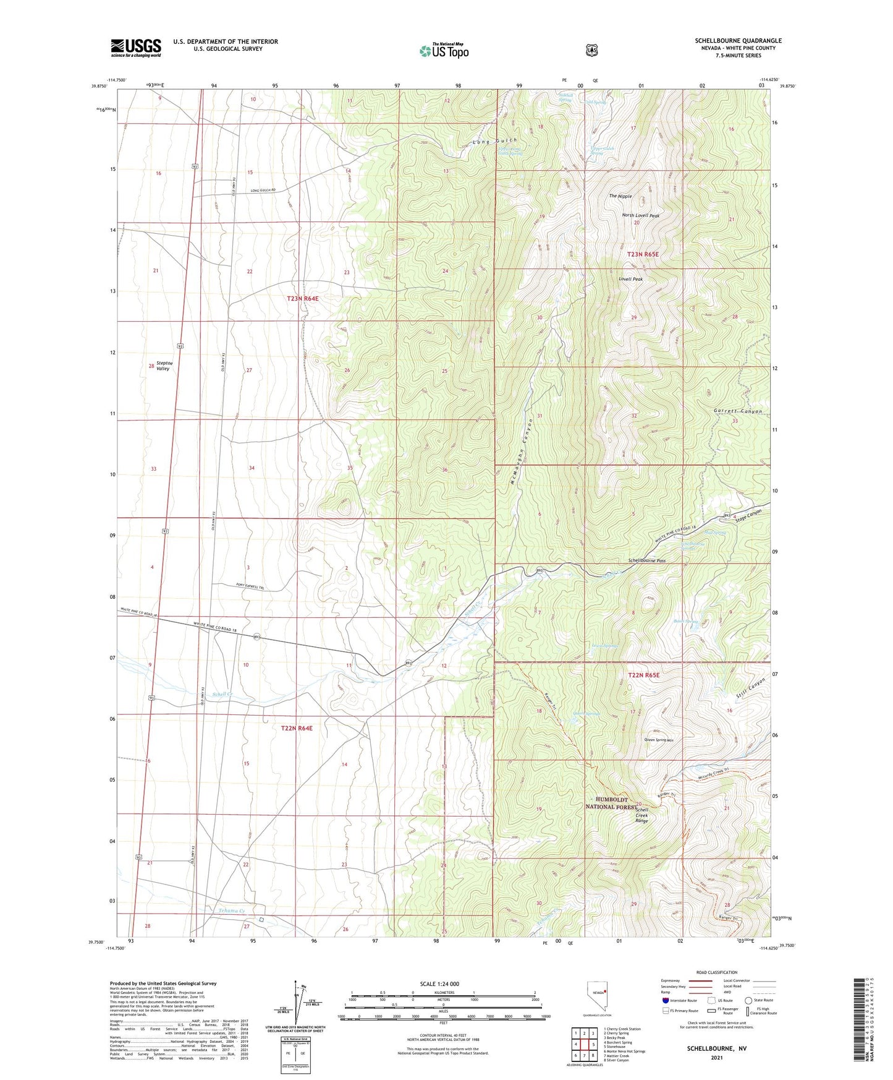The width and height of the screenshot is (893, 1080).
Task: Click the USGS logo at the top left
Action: [136, 48]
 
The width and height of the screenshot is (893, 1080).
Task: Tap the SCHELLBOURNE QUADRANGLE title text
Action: [738, 41]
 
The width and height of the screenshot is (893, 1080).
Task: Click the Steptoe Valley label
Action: [163, 366]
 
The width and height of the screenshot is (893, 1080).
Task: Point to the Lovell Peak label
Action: [630, 279]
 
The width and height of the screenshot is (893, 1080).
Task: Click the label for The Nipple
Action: [620, 196]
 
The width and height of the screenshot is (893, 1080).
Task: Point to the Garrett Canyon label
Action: [738, 411]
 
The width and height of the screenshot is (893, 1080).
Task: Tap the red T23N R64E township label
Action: [303, 298]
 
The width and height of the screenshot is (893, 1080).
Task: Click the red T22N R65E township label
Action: [643, 675]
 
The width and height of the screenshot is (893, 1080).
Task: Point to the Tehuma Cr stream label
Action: [232, 911]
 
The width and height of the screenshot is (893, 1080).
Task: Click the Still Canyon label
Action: [750, 689]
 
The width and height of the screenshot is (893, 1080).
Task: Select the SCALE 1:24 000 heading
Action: [439, 984]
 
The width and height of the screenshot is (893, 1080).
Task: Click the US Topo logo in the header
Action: [444, 51]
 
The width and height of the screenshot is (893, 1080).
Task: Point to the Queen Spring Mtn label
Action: [658, 740]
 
